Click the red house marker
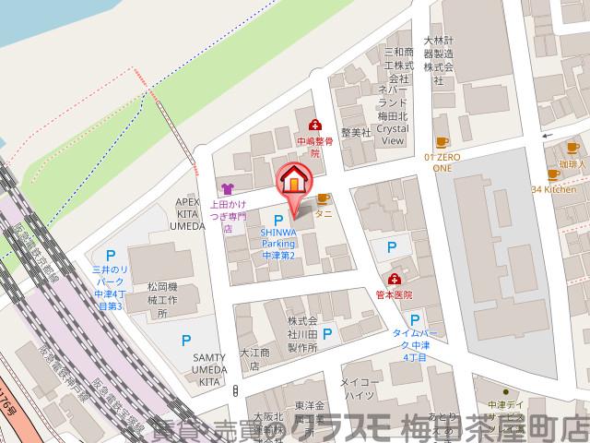point(293,177)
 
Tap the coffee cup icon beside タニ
point(324,198)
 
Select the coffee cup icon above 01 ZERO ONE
point(442,141)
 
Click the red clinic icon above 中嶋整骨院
point(314,125)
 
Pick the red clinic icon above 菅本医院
point(395,279)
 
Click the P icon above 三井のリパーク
point(112,255)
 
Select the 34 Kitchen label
point(554,189)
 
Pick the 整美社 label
point(355,133)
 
